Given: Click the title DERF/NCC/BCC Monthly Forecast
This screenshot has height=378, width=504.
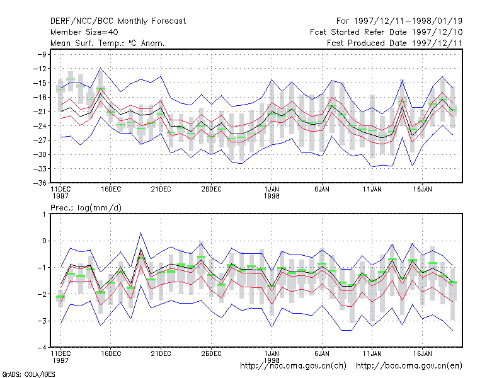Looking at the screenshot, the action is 118,21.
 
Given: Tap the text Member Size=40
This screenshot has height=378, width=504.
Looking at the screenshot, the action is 84,32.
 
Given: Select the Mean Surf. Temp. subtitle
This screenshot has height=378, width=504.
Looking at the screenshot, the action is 108,43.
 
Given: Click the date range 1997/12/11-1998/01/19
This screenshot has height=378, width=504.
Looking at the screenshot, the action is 408,21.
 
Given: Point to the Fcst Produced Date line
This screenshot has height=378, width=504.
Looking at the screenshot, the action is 394,43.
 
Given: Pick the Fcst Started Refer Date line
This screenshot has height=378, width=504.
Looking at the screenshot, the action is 386,32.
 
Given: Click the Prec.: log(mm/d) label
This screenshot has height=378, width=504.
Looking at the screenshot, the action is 86,208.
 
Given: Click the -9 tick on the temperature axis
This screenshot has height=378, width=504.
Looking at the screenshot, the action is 42,54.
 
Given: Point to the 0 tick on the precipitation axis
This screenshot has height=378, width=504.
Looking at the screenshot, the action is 44,241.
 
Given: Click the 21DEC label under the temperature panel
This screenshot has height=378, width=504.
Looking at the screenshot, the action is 161,190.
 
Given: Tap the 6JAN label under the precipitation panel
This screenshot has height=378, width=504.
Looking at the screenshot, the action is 322,353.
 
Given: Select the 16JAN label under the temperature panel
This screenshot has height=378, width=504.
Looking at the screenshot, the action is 422,190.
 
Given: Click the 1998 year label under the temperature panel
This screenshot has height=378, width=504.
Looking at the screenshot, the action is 272,196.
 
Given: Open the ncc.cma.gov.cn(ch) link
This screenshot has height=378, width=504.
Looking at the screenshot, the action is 293,366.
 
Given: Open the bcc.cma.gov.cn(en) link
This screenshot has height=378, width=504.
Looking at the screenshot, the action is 409,366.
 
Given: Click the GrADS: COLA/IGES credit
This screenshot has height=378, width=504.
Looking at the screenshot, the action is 28,374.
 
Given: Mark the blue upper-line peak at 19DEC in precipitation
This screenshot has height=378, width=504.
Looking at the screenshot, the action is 140,232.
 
